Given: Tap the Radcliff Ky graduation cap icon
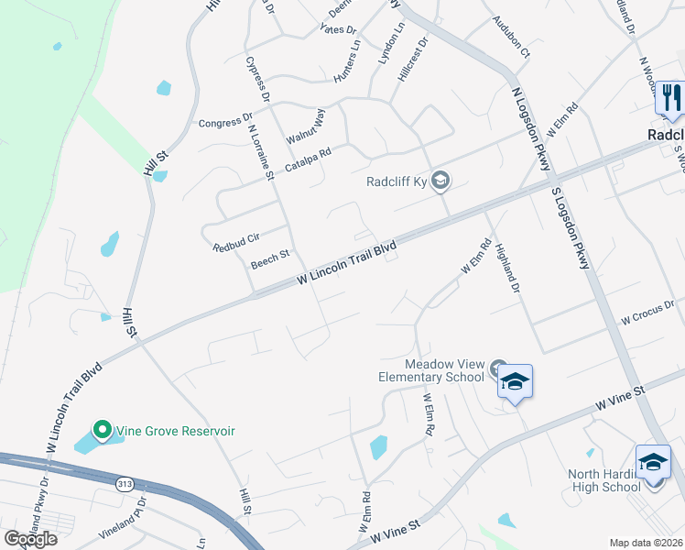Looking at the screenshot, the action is (440, 180).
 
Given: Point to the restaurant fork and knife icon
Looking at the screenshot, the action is (671, 97).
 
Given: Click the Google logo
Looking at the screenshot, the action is (30, 539).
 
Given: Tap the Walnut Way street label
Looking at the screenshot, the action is (305, 126).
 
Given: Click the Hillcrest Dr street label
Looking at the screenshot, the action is (413, 60).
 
